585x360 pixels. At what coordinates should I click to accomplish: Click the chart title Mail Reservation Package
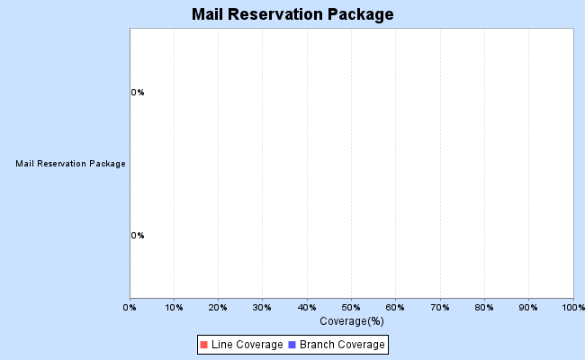coord(292,15)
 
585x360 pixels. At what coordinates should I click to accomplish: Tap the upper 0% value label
coord(138,92)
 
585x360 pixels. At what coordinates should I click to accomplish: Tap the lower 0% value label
coord(138,236)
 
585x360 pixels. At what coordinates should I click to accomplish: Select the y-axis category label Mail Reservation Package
coord(71,164)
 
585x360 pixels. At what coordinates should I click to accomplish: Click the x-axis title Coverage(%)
coord(352,320)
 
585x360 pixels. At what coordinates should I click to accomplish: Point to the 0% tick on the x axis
coord(130,308)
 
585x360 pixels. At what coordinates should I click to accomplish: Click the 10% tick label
coord(175,308)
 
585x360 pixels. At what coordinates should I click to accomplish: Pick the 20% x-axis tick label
coord(219,308)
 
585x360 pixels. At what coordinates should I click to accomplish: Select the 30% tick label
coord(263,308)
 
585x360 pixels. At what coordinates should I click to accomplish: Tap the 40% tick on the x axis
coord(307,308)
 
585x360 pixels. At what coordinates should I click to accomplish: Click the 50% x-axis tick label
coord(352,308)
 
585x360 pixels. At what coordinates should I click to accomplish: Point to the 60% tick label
coord(396,308)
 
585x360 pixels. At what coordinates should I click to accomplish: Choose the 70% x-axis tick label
coord(440,308)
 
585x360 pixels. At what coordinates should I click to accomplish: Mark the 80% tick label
coord(484,308)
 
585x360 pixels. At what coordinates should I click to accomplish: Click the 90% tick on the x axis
coord(528,308)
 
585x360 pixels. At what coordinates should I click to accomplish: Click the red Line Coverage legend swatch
coord(203,345)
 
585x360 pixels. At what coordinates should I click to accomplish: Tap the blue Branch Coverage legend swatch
coord(292,345)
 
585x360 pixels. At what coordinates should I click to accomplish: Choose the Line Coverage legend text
coord(247,345)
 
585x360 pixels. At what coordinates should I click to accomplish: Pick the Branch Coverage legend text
coord(342,345)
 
